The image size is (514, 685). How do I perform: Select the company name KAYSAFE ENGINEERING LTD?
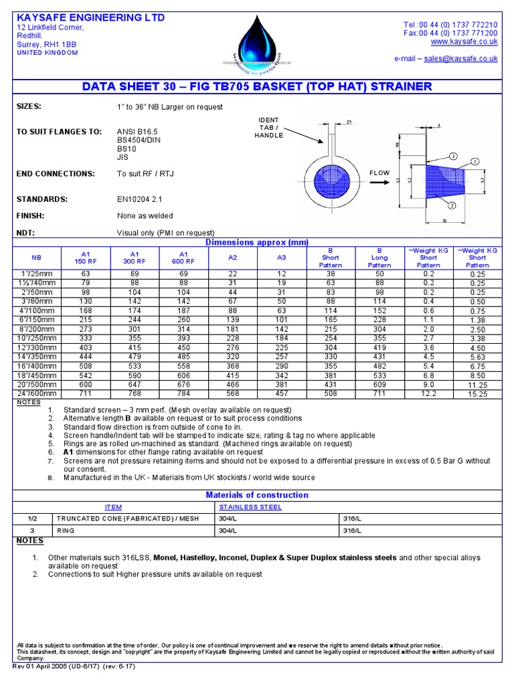pos(90,17)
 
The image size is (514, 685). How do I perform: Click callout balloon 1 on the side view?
pos(475,161)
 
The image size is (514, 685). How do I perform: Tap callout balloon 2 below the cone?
pos(452,205)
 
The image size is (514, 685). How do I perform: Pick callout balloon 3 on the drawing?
pos(453,156)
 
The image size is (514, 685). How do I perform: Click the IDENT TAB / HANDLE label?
pos(268,127)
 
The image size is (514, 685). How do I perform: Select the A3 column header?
pos(282,257)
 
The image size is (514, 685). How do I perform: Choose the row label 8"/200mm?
pos(36,329)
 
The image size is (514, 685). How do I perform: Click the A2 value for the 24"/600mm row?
pos(232,394)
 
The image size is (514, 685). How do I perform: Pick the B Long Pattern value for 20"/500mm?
pos(379,385)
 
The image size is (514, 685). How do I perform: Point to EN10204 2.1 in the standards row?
pos(139,199)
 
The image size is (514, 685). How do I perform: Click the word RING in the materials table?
pos(66,530)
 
